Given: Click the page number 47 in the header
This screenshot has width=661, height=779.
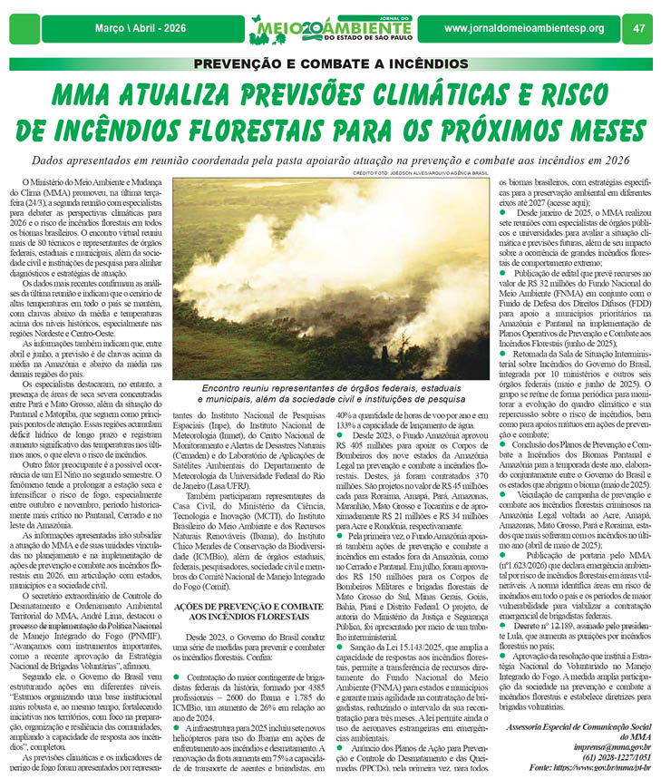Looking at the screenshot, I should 638,28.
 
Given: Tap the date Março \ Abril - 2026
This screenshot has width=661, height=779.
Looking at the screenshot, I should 140,28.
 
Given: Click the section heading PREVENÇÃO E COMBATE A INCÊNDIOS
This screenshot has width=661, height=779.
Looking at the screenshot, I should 329,64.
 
